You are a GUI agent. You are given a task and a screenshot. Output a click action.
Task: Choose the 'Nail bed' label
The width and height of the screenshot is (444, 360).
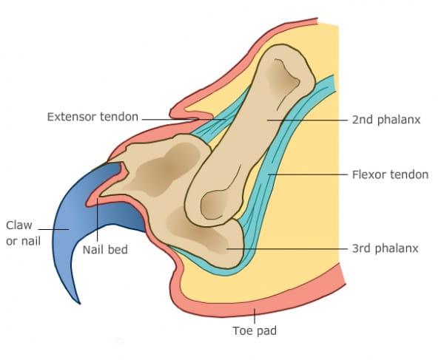point(105,250)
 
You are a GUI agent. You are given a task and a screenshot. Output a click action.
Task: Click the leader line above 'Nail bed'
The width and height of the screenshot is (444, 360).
point(98,222)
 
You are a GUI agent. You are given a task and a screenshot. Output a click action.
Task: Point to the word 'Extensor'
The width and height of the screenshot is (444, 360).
point(72,117)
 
